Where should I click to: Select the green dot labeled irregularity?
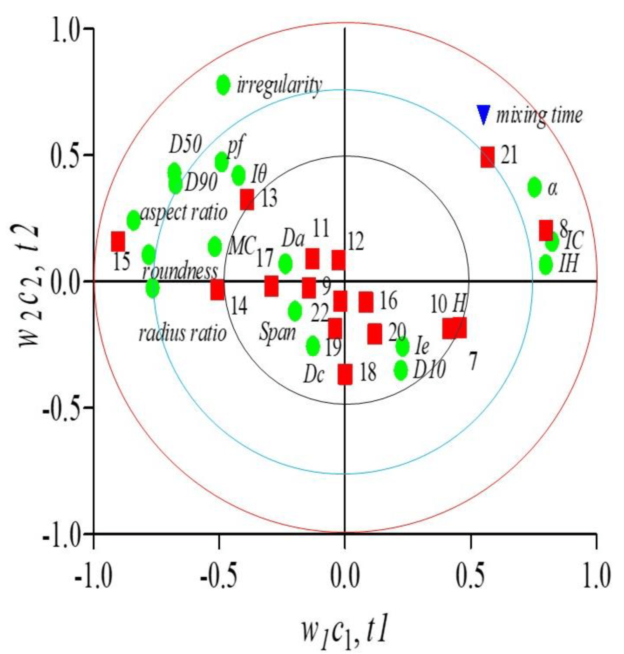click(x=223, y=84)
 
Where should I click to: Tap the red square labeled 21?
click(x=487, y=157)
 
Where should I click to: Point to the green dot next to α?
click(x=534, y=187)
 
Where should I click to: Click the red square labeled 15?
click(x=118, y=241)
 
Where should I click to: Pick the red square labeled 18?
click(x=345, y=374)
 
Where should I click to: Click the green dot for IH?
click(x=546, y=265)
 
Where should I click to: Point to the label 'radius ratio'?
click(x=182, y=333)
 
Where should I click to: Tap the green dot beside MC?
click(x=215, y=246)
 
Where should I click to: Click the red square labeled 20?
click(x=375, y=334)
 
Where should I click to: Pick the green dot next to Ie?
click(x=402, y=346)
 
